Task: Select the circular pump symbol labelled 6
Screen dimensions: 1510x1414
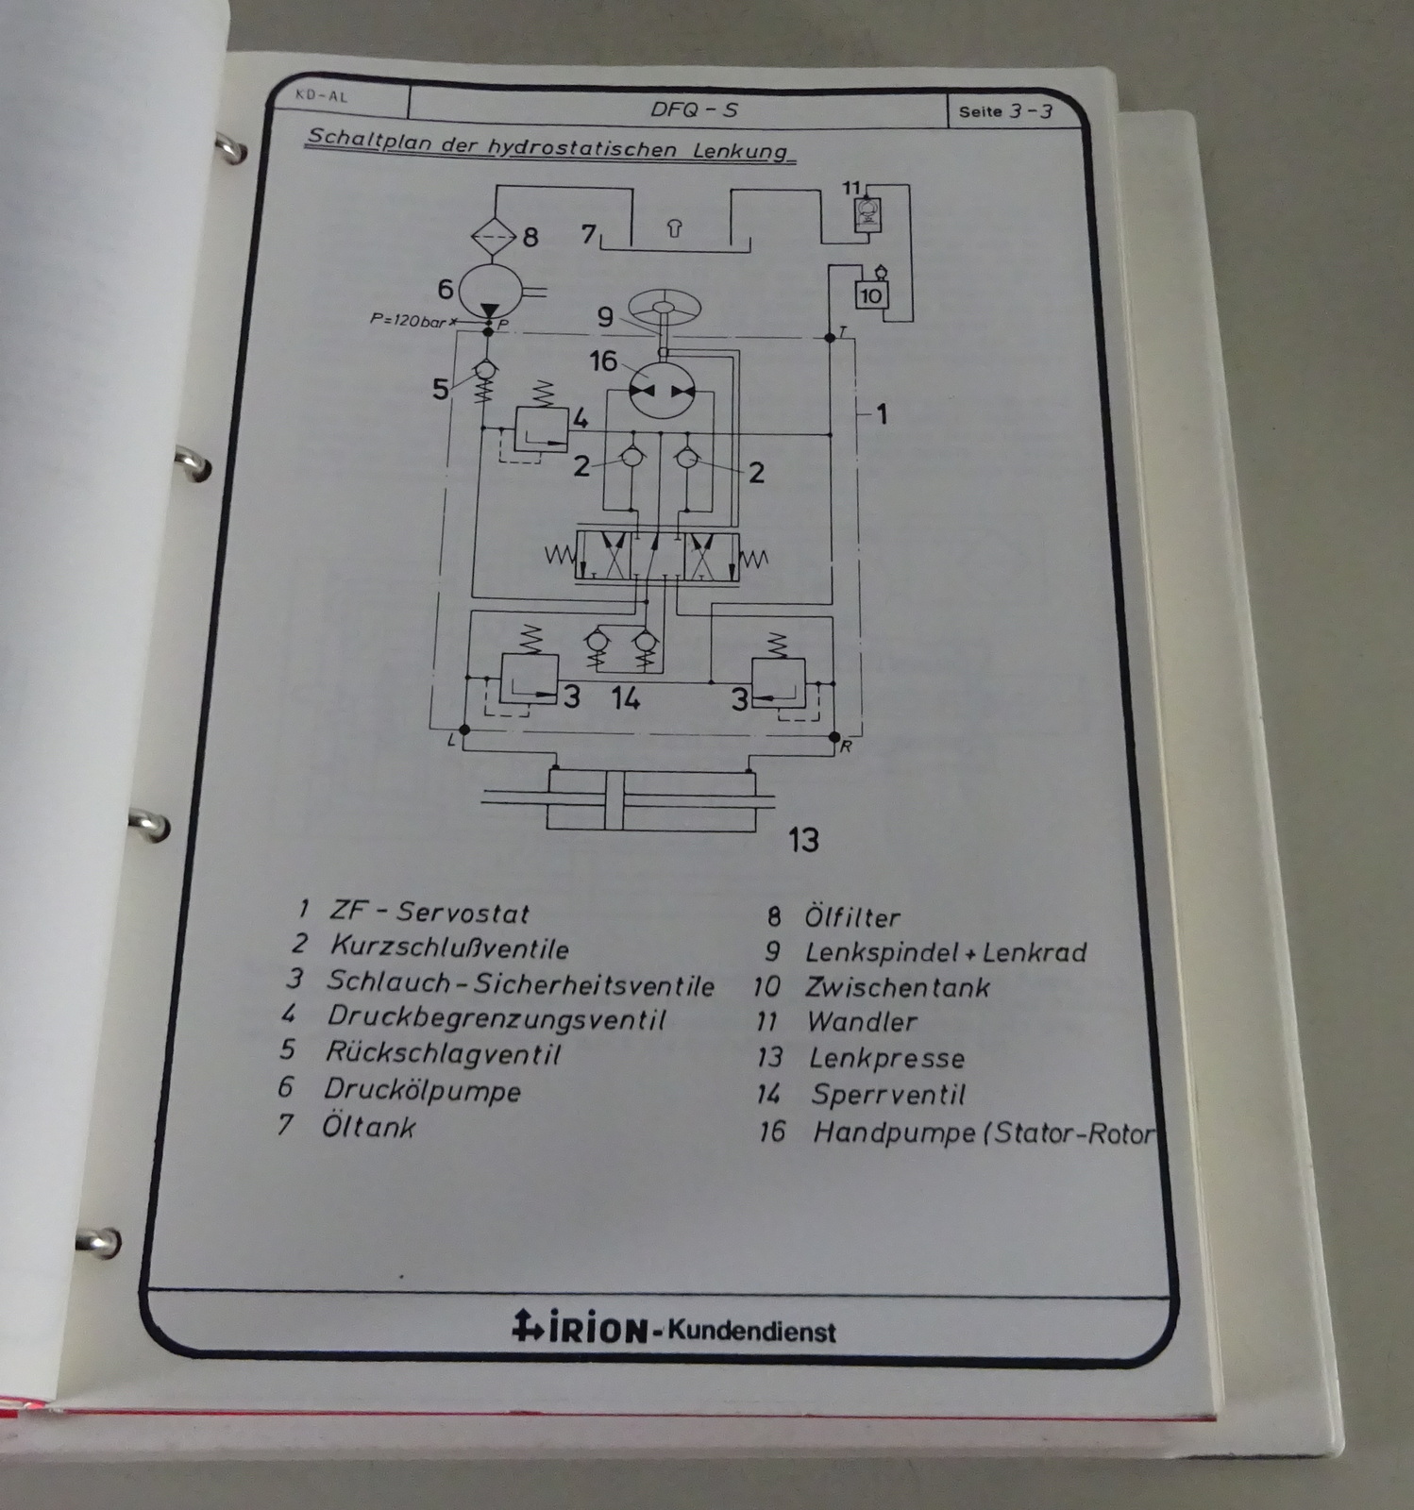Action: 490,287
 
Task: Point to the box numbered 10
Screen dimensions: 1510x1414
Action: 869,295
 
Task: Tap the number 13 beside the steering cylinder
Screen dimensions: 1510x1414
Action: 802,839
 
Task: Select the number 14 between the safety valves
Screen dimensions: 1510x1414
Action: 625,698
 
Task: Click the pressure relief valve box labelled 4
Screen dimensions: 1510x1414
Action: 541,428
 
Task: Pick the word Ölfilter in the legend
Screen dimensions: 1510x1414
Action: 851,916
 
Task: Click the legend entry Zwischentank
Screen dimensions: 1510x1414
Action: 896,987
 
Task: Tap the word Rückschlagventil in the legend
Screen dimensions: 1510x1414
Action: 443,1053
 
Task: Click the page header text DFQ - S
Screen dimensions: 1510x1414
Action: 694,109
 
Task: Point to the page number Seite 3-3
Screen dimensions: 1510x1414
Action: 1005,111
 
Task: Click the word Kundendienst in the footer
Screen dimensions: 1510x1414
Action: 751,1332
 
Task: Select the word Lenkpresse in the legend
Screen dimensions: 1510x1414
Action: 886,1058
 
